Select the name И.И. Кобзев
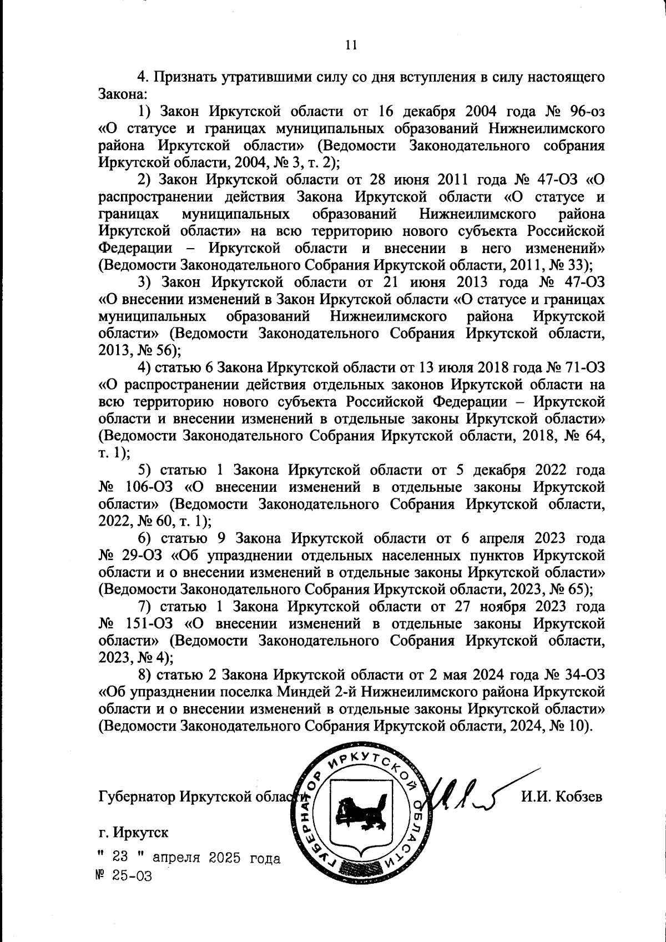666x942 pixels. (561, 797)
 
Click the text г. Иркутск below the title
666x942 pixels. (133, 833)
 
